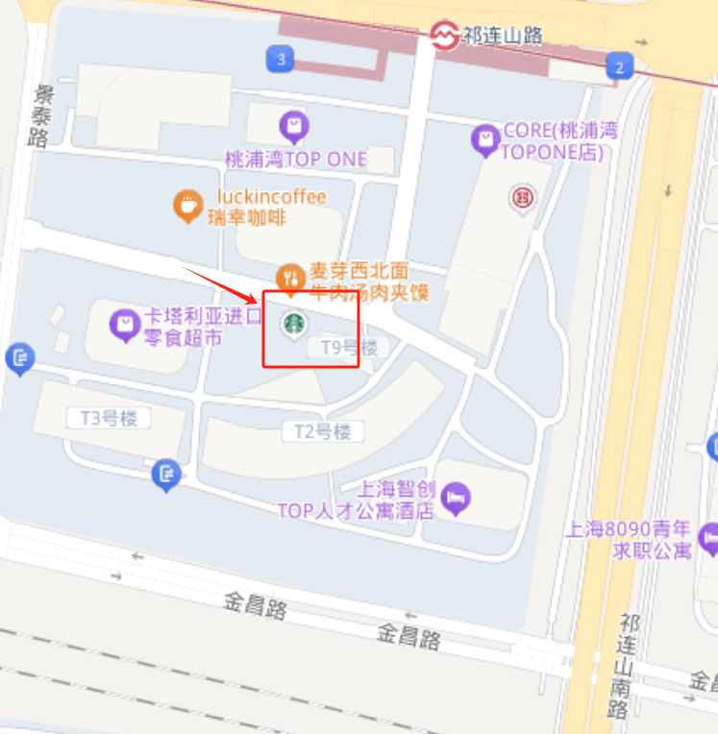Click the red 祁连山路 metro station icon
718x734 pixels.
coord(444,36)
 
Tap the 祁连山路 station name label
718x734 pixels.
coord(502,36)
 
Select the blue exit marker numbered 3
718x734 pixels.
coord(280,60)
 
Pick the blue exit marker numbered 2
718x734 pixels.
coord(620,66)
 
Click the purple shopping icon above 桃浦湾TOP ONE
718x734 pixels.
coord(293,127)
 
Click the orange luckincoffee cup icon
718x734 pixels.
coord(187,206)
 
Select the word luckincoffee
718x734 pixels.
coord(272,197)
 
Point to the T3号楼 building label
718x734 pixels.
coord(109,417)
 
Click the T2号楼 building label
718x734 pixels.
coord(322,430)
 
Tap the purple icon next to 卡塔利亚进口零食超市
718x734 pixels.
coord(125,326)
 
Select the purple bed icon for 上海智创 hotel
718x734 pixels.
coord(458,499)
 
